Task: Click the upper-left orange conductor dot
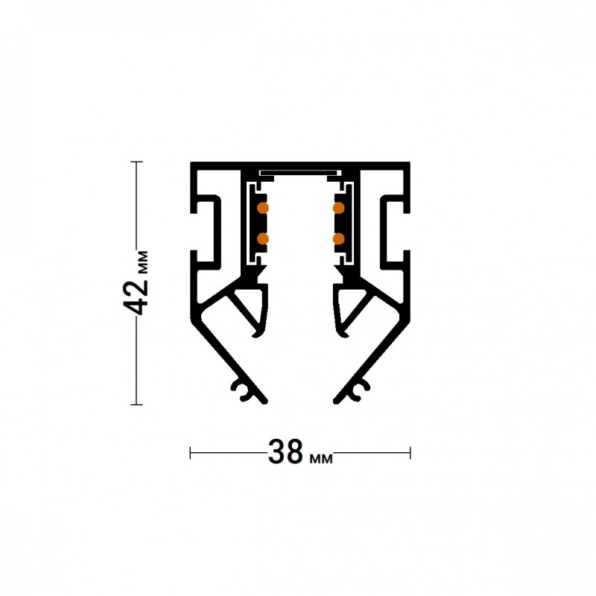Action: tap(263, 208)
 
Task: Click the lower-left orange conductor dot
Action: tap(263, 238)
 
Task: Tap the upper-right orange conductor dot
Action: tap(338, 208)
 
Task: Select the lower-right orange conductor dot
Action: tap(338, 238)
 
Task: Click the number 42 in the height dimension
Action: tap(136, 298)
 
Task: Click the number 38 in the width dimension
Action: tap(286, 452)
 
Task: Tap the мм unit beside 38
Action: tap(321, 459)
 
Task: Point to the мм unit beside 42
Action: tap(142, 262)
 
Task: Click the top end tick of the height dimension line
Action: tap(136, 162)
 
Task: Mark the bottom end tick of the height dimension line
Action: tap(136, 405)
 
